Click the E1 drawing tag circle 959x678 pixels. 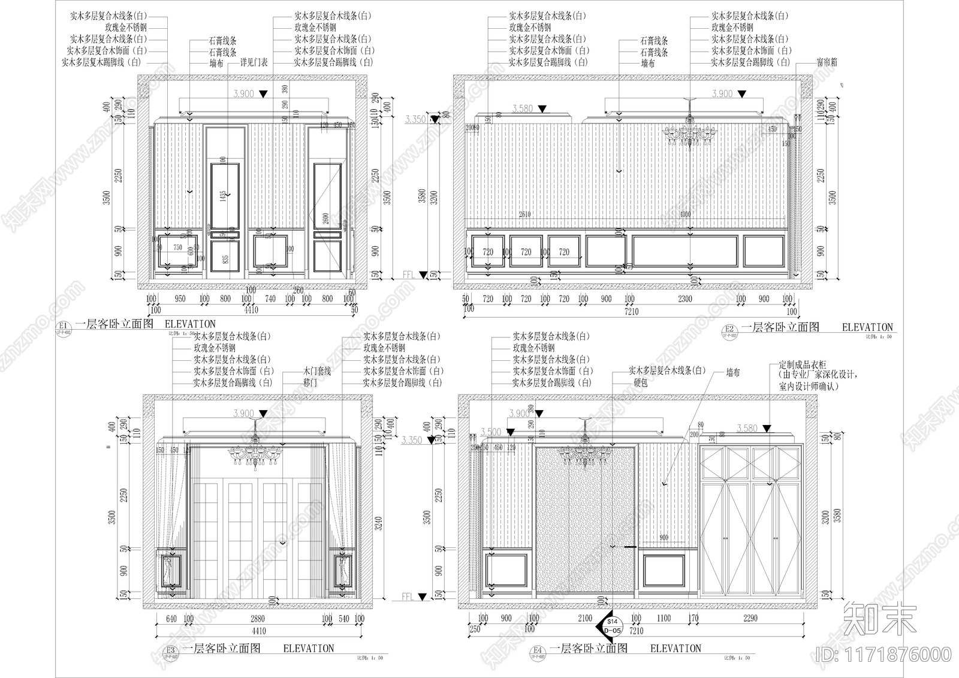[62, 326]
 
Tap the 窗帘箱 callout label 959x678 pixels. [827, 62]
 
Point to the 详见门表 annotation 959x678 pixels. [254, 62]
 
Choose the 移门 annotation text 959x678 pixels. [310, 382]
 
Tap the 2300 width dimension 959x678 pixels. [684, 299]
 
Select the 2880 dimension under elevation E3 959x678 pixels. [257, 619]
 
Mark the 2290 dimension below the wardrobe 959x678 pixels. [750, 618]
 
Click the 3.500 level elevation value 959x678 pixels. [491, 432]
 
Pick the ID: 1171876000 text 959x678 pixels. [884, 653]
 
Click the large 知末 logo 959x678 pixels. [879, 618]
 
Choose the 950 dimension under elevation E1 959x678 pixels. [180, 299]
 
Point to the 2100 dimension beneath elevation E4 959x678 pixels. [584, 618]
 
